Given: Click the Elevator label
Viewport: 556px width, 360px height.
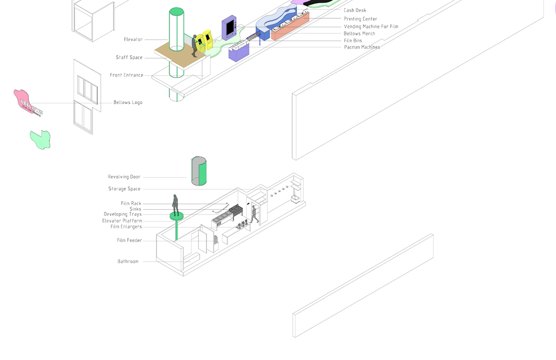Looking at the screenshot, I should coord(133,40).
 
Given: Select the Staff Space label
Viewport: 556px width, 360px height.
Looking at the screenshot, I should coord(129,57).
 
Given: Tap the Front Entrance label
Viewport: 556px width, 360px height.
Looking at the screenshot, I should coord(126,75).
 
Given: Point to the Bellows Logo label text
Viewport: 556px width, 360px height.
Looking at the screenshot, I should coord(128,102).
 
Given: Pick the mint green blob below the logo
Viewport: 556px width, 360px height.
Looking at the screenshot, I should coord(40,139).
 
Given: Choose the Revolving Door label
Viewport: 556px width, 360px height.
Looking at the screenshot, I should coord(124,177).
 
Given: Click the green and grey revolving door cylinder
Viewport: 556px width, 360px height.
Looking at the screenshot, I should coord(199,171).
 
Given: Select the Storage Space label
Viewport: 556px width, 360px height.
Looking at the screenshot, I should coord(124,189).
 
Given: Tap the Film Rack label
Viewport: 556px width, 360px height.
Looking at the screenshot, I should coord(131,204).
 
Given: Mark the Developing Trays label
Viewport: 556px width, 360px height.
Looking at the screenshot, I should coord(122,214).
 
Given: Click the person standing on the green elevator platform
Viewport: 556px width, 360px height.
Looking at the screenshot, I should coord(176,204).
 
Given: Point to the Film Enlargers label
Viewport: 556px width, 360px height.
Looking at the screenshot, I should coord(126,227).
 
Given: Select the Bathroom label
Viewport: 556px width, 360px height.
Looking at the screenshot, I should coord(128,262).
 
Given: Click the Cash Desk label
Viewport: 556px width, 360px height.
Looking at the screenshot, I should coord(355,10).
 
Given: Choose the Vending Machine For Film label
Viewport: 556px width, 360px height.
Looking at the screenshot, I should coord(371,27).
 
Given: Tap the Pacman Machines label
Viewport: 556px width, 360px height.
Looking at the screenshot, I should coord(362,47).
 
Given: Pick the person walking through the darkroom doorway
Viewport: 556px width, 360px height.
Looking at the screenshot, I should coord(254,214).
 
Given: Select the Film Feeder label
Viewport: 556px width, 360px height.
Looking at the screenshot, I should coord(129,241).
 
